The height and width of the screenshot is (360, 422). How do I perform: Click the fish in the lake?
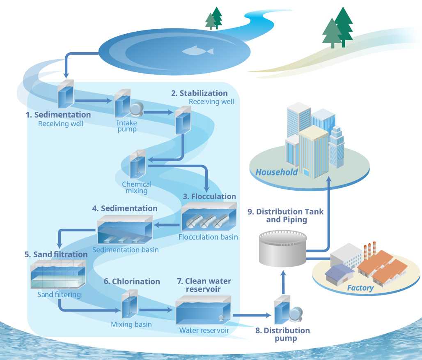[198, 51]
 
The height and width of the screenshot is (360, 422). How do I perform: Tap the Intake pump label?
[126, 126]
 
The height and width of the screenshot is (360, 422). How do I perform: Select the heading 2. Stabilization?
[199, 93]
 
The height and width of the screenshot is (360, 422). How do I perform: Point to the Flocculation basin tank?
[209, 217]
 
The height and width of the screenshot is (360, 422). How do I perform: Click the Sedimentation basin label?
[125, 249]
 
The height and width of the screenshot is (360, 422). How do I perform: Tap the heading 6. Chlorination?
[131, 282]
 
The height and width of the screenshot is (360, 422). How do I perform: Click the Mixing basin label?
[131, 324]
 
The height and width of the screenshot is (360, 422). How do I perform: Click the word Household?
[276, 172]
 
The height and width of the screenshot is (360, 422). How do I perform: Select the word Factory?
[360, 288]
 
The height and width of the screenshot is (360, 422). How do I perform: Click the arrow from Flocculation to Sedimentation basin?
[166, 225]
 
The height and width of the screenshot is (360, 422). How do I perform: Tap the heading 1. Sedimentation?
[58, 115]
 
